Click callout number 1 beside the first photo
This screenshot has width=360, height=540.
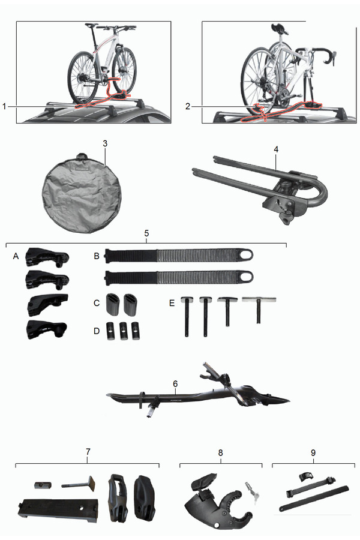pos(4,106)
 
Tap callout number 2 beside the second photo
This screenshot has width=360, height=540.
pos(188,106)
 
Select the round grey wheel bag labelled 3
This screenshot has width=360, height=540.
pos(82,193)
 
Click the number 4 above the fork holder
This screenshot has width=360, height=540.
pos(276,149)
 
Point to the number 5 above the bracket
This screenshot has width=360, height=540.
pos(146,233)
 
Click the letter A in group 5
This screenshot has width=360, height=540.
pos(16,256)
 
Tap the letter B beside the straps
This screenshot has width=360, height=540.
pos(97,256)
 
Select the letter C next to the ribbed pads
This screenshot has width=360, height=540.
pos(97,303)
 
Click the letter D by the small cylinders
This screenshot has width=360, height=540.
pos(97,331)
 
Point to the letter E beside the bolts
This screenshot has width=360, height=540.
pos(172,303)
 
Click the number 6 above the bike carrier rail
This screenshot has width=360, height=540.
pos(175,383)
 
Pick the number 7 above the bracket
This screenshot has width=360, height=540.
pos(88,451)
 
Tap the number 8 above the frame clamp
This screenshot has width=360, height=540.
pos(220,452)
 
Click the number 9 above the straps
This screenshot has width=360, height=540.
pos(313,452)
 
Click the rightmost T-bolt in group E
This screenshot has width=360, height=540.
pos(259,310)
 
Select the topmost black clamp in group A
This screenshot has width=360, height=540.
pos(47,257)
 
